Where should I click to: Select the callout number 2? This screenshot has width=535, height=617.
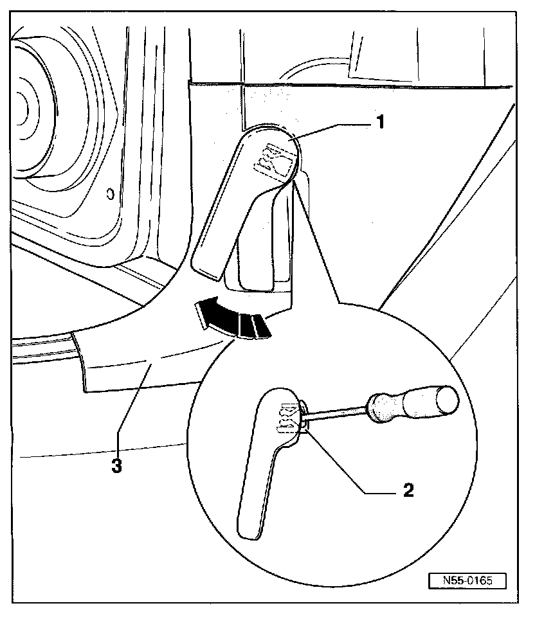point(407,491)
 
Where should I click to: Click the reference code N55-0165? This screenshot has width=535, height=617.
point(467,580)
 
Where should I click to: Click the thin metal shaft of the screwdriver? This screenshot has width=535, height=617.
point(338,413)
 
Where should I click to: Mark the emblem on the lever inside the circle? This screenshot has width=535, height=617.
point(286,418)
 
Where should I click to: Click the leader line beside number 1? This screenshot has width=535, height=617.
point(332,130)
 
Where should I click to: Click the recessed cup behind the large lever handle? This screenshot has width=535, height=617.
point(257,257)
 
